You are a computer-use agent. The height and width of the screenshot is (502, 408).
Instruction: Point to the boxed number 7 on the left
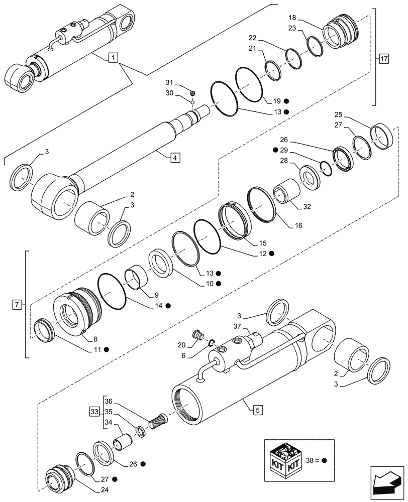(x=17, y=304)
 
